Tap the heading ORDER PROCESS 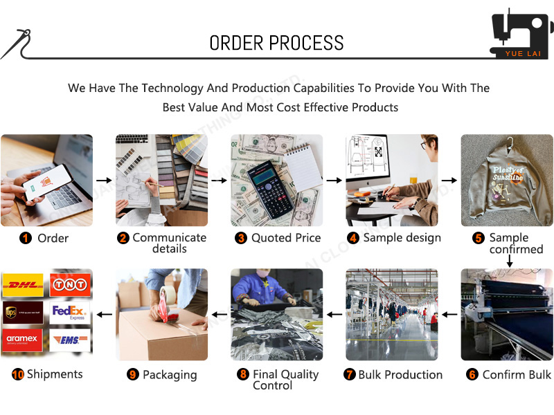tap(276, 43)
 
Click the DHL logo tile tap(23, 284)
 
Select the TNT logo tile tap(69, 284)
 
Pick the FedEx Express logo tap(69, 313)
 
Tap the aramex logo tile tap(23, 340)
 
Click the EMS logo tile tap(69, 340)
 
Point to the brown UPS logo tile tap(23, 313)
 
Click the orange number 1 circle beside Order tap(26, 238)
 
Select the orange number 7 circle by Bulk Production tap(350, 374)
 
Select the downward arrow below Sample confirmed tap(509, 261)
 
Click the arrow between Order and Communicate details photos tap(103, 181)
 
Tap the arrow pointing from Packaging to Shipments tap(104, 315)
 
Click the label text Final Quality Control tap(285, 380)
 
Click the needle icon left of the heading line tap(15, 44)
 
